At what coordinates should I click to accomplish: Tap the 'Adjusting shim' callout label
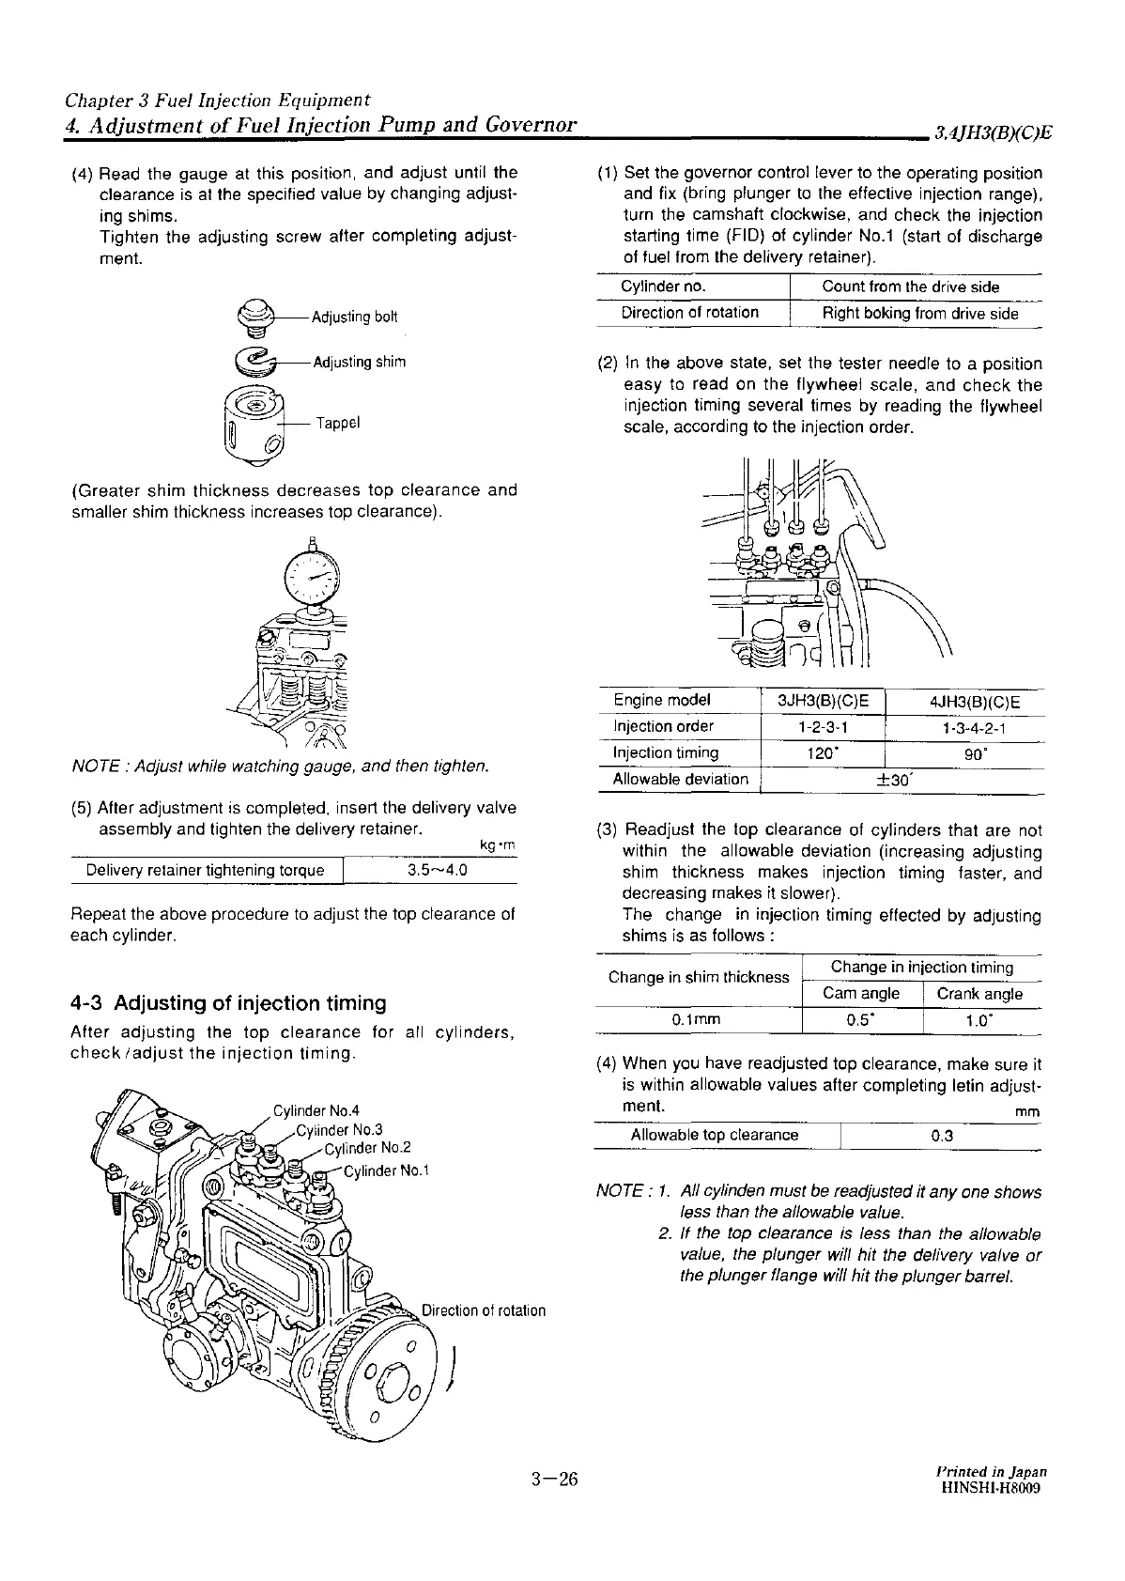click(359, 363)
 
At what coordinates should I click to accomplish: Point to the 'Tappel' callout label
click(338, 423)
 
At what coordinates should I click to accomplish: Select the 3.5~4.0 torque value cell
click(438, 870)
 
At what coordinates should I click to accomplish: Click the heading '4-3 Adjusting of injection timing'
click(228, 1003)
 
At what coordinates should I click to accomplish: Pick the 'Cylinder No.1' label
click(386, 1170)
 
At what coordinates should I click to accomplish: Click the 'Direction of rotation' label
click(484, 1310)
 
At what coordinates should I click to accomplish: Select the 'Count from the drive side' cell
click(910, 287)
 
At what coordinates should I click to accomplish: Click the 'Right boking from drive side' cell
click(919, 314)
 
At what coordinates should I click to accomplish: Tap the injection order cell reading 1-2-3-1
click(823, 727)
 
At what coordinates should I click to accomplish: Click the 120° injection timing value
click(823, 753)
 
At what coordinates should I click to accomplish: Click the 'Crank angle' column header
click(979, 994)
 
